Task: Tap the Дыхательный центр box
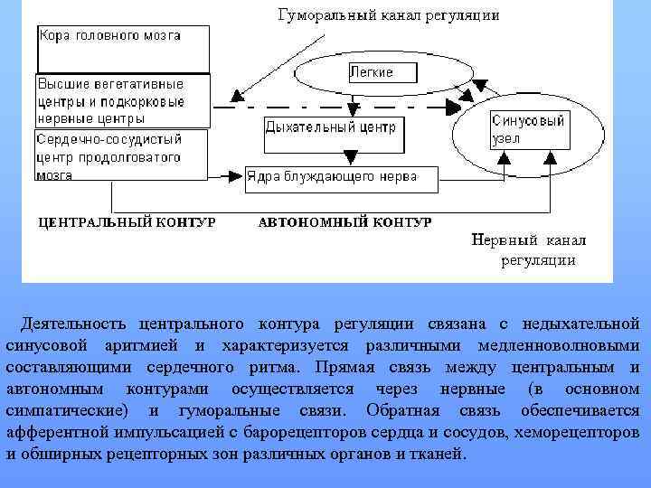(330, 127)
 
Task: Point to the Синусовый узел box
(528, 128)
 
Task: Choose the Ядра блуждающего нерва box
(341, 177)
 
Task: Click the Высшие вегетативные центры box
(122, 100)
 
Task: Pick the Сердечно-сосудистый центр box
(120, 157)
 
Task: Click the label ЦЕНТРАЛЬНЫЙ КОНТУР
(126, 222)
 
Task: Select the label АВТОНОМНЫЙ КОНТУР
(344, 222)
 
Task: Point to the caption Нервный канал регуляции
(530, 250)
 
